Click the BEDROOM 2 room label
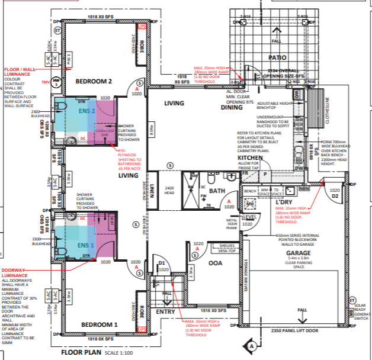pyautogui.click(x=94, y=81)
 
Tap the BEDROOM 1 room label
pyautogui.click(x=99, y=325)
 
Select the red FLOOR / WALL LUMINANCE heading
pyautogui.click(x=20, y=70)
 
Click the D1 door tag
pyautogui.click(x=161, y=263)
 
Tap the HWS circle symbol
pyautogui.click(x=56, y=81)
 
